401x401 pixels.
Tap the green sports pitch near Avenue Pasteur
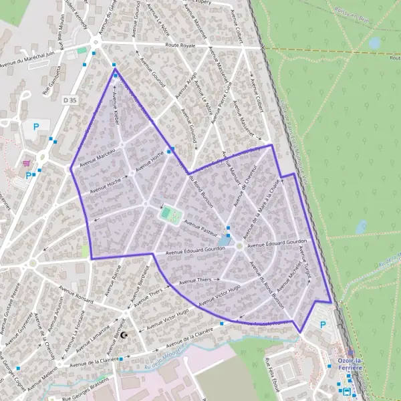pos(170,215)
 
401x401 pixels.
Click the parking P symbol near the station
pos(324,325)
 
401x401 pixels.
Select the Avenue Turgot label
pos(305,260)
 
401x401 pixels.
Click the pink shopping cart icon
pos(27,162)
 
